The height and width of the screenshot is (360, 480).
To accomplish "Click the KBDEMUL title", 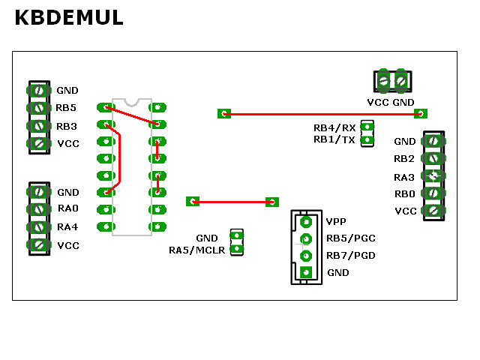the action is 69,17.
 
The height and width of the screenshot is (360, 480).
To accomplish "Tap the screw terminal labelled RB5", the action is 38,108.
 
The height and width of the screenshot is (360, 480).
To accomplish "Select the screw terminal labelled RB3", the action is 38,126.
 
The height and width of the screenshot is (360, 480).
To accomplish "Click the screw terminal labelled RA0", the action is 38,209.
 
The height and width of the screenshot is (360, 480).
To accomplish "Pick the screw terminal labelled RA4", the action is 38,227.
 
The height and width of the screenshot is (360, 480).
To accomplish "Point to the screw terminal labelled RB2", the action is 433,158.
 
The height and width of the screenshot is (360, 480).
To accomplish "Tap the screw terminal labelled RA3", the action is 433,175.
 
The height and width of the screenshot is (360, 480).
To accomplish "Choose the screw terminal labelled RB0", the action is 433,193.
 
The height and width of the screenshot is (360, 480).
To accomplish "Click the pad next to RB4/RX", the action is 367,127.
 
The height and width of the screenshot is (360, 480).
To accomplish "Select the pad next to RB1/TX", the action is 367,140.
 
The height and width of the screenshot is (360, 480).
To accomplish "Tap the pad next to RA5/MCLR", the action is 237,249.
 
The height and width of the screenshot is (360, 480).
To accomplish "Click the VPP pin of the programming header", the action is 306,222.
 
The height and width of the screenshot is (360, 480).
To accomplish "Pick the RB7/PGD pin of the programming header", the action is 306,256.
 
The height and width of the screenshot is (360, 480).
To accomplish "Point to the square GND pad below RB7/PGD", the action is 306,272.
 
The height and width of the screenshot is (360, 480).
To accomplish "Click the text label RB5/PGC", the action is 351,238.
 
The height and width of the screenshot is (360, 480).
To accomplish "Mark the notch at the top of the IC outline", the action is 132,103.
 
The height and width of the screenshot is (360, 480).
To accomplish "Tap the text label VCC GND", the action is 391,102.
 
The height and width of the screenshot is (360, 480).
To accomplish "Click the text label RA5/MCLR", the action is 196,250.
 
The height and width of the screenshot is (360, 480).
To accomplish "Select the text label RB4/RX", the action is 334,127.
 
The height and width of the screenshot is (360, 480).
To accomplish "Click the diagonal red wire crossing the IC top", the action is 132,115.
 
